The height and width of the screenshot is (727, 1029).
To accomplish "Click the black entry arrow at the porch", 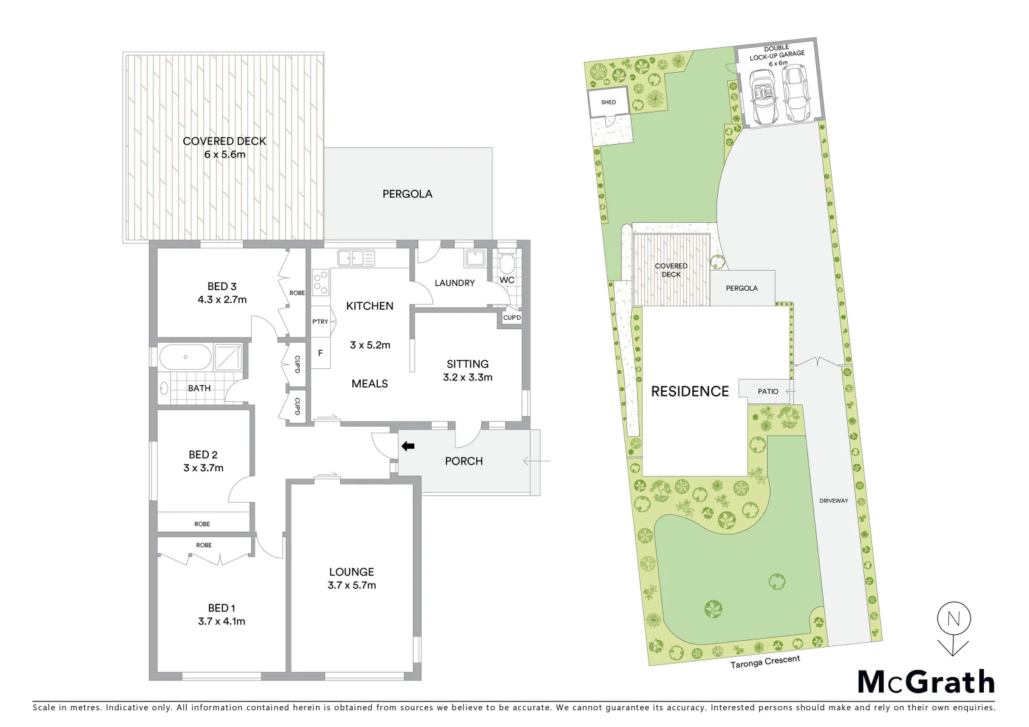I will click(408, 446).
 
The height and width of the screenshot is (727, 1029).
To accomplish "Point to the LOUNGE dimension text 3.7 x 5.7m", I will click(352, 586).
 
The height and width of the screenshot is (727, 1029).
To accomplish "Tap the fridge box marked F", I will click(321, 353).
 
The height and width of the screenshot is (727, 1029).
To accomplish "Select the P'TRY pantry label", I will click(321, 322).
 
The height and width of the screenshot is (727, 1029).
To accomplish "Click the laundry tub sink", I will click(475, 258).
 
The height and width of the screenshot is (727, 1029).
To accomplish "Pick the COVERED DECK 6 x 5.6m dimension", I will click(224, 155).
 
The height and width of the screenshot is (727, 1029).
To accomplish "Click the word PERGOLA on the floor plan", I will click(407, 194).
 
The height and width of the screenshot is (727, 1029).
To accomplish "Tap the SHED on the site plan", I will click(608, 103).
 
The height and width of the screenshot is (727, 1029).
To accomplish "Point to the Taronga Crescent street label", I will click(765, 661).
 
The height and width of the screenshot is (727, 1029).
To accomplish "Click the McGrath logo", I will click(926, 682).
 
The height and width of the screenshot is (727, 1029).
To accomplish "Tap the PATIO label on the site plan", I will click(768, 391).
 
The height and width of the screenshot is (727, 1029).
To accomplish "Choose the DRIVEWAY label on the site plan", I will click(834, 501).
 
